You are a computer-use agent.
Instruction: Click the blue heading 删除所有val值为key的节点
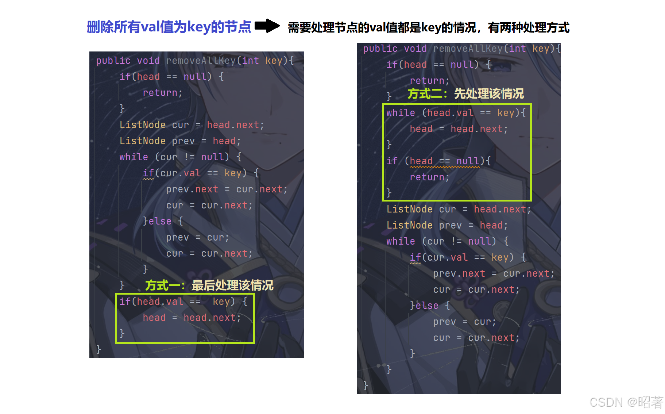169,27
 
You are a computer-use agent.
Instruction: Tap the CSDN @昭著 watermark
626,402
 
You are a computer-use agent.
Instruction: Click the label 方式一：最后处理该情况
209,285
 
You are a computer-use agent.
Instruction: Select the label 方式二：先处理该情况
465,94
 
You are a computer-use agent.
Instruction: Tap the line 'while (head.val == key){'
456,113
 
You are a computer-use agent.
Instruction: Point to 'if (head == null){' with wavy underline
438,161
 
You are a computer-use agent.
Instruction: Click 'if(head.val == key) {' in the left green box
183,302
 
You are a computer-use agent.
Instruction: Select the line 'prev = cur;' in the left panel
197,237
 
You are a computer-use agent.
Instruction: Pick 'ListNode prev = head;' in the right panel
447,225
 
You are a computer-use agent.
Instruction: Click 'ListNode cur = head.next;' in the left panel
192,125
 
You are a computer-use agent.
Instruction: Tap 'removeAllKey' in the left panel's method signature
201,61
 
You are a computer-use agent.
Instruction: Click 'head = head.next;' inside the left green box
192,318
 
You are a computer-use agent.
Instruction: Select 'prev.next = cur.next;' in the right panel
494,273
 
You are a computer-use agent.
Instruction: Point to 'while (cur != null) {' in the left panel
180,157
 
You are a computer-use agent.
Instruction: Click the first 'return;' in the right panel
429,81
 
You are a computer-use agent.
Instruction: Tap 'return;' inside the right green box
429,177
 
